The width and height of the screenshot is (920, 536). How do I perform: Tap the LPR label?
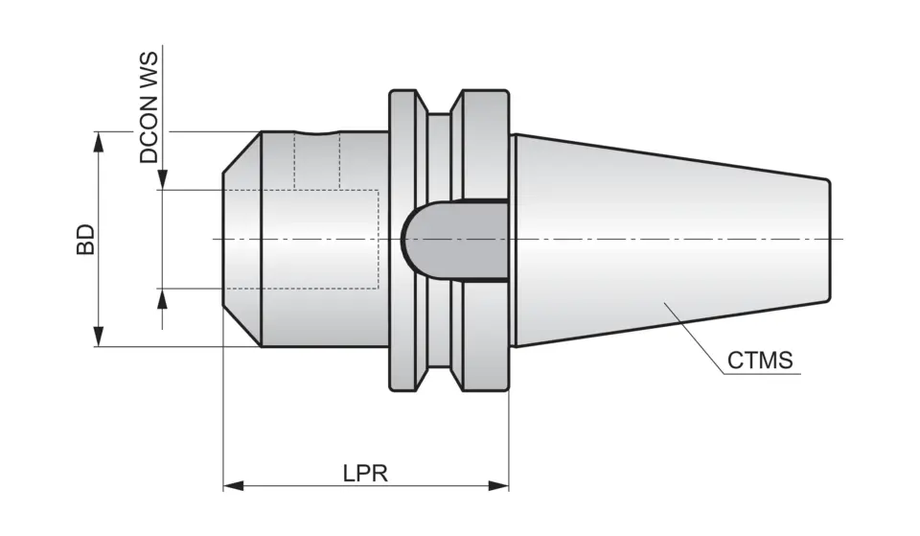coord(364,474)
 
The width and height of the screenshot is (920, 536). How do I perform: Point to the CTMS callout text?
coord(760,361)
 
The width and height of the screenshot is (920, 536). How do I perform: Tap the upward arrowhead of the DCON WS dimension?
coord(163,297)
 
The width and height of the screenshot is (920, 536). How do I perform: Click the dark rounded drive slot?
coord(450,240)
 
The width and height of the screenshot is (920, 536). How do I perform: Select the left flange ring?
coord(406,240)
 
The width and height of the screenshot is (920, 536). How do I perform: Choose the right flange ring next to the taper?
coord(485,144)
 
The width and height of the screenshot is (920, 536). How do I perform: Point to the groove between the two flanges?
coord(438,144)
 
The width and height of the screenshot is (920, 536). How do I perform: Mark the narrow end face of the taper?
coord(829,239)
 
